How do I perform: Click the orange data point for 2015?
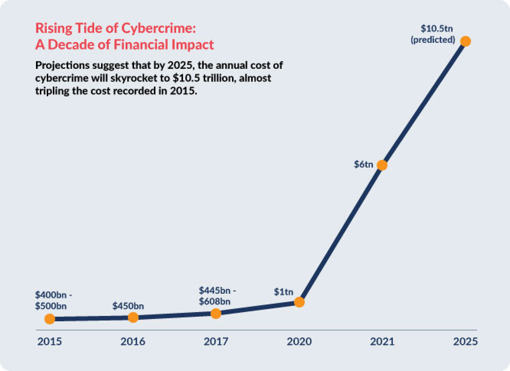pos(50,319)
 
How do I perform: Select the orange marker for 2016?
pos(133,317)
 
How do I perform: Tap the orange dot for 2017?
pos(216,313)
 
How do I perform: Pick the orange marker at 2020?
pos(299,302)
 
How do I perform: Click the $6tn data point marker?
pos(382,165)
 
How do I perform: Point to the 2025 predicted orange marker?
pos(465,41)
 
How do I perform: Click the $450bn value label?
pos(128,306)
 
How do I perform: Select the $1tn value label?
pos(284,292)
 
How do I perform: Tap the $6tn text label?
pos(363,164)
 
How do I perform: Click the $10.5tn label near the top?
pos(437,29)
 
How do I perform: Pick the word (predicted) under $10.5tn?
pos(433,40)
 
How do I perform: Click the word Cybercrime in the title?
pos(159,28)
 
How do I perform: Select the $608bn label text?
pos(215,302)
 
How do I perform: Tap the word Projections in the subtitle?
pos(63,65)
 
